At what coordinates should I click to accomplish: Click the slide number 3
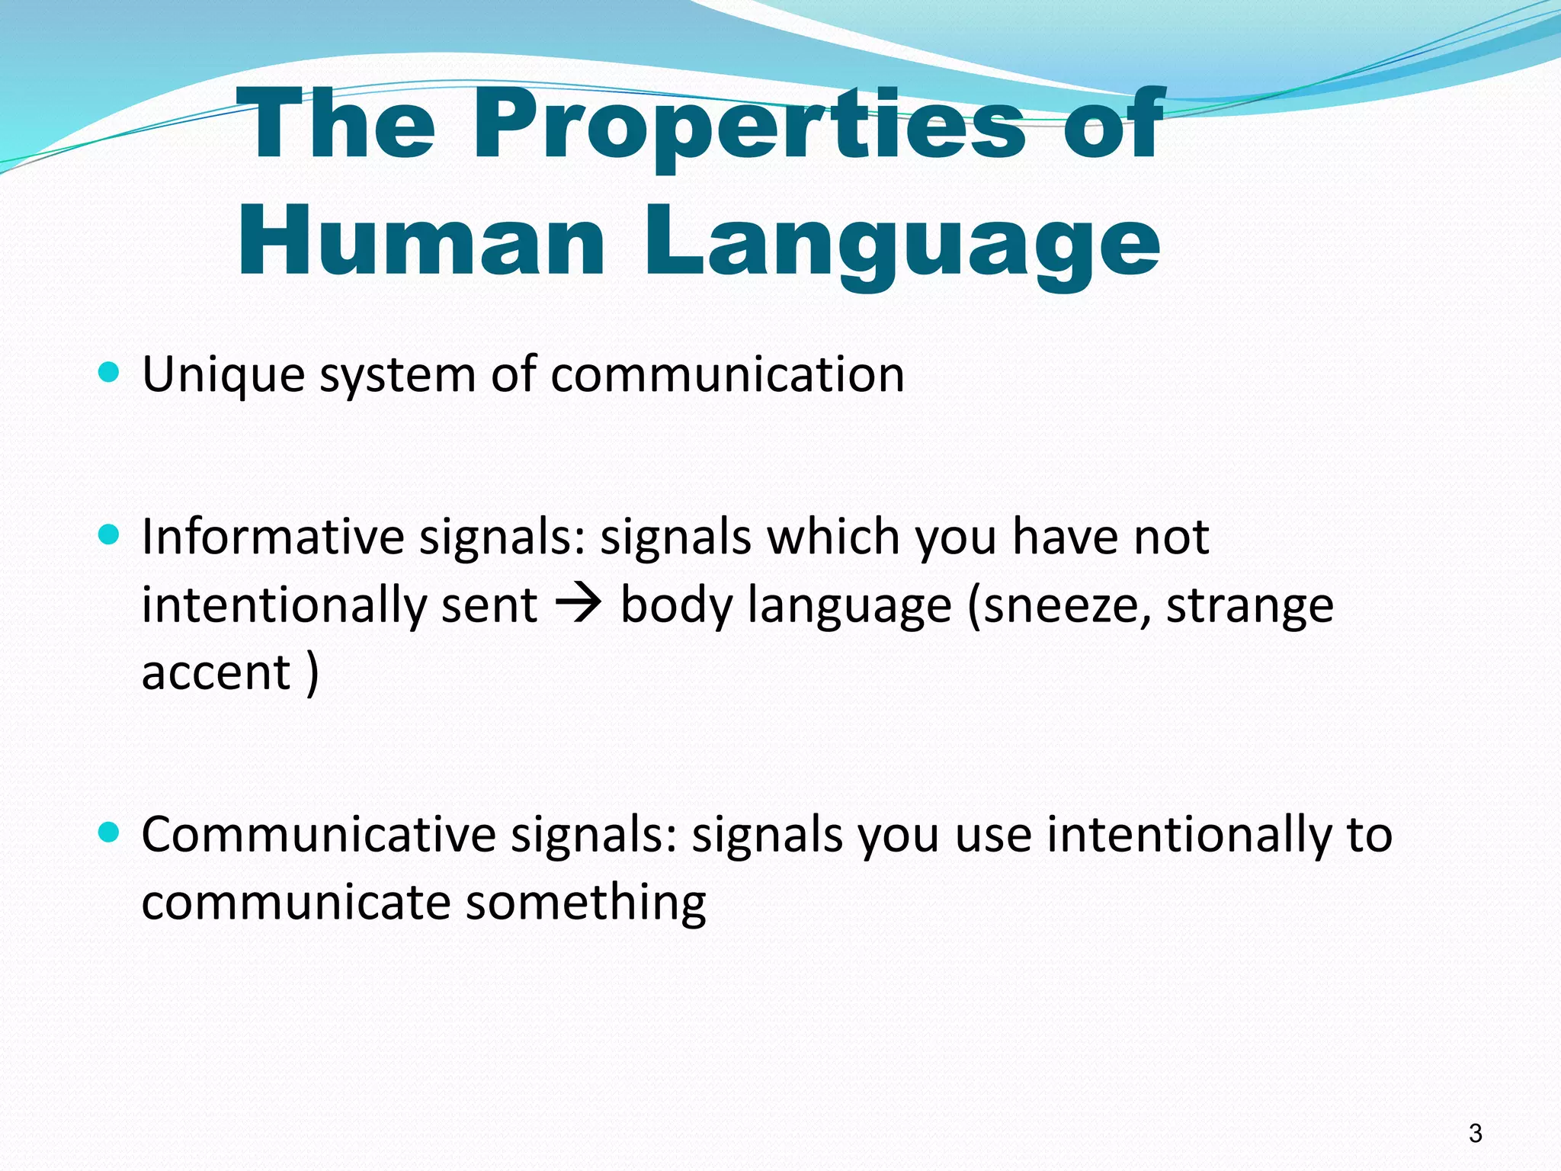[1476, 1134]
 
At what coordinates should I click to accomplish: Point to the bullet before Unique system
[110, 373]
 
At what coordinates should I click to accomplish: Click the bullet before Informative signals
[110, 534]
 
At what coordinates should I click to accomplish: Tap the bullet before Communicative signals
[110, 833]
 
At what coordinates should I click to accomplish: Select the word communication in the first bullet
[727, 376]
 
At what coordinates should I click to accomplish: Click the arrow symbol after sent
[579, 605]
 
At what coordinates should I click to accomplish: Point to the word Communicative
[319, 835]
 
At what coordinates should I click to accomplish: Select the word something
[585, 903]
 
